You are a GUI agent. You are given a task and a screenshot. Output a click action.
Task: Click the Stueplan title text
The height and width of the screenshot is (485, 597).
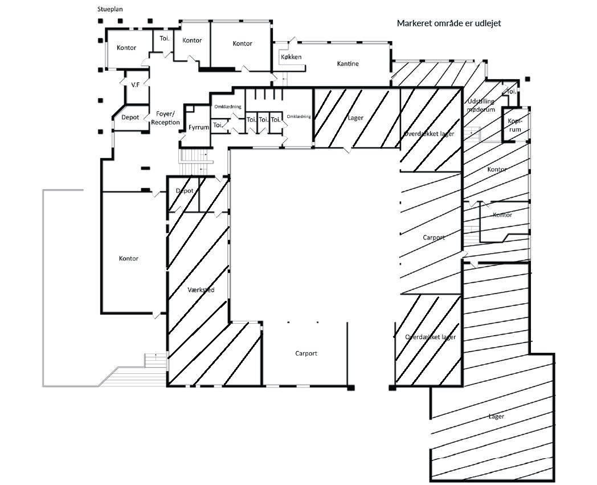click(x=110, y=9)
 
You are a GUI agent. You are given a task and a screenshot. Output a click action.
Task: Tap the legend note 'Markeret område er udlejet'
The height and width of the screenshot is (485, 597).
click(x=449, y=23)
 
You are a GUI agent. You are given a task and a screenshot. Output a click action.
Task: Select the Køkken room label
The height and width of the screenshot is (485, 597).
click(x=291, y=57)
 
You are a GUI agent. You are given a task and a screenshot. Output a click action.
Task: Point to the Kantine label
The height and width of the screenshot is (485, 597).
click(x=347, y=64)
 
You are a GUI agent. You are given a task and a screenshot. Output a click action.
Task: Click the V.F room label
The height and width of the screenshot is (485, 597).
click(x=136, y=85)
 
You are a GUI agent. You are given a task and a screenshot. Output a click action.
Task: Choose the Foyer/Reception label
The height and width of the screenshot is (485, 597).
click(x=165, y=118)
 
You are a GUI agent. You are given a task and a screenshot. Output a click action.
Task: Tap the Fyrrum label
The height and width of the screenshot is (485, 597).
click(x=199, y=127)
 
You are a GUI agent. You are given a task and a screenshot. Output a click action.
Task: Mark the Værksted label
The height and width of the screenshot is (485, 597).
click(x=201, y=290)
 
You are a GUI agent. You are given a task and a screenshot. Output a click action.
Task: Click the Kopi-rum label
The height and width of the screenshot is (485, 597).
click(x=515, y=125)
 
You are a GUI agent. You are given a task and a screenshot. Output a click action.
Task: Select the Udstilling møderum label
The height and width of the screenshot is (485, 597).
click(x=481, y=105)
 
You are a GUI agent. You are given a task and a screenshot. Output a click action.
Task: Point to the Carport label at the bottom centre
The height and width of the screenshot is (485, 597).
click(x=306, y=353)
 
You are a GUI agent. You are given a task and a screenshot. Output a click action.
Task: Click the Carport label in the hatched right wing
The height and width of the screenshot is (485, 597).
click(x=434, y=238)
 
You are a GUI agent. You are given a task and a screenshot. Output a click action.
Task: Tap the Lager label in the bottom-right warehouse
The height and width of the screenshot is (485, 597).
click(x=496, y=417)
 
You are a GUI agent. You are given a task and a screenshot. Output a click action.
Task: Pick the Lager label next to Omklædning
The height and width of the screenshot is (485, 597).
click(x=355, y=118)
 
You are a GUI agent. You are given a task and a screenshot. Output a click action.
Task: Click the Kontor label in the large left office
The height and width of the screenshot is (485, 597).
click(x=129, y=258)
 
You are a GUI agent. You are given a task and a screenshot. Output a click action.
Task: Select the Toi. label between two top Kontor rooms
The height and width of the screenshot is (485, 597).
click(x=165, y=38)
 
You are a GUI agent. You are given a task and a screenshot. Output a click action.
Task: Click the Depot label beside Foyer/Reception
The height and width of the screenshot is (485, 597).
click(x=130, y=117)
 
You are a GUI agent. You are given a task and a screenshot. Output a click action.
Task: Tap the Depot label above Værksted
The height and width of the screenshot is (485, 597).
click(x=185, y=191)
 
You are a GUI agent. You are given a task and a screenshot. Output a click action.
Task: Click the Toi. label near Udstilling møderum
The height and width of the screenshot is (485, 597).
click(x=512, y=91)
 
